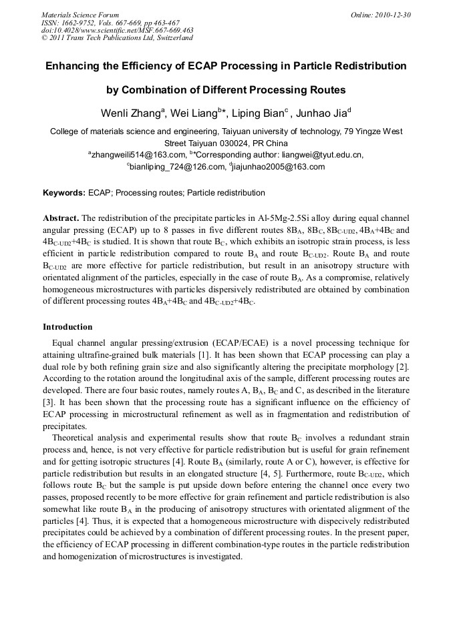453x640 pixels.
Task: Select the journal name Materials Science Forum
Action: point(80,15)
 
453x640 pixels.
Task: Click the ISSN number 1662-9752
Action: point(80,23)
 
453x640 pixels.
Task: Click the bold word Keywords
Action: point(64,193)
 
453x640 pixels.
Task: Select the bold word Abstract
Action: point(61,218)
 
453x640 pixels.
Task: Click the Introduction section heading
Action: point(67,327)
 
